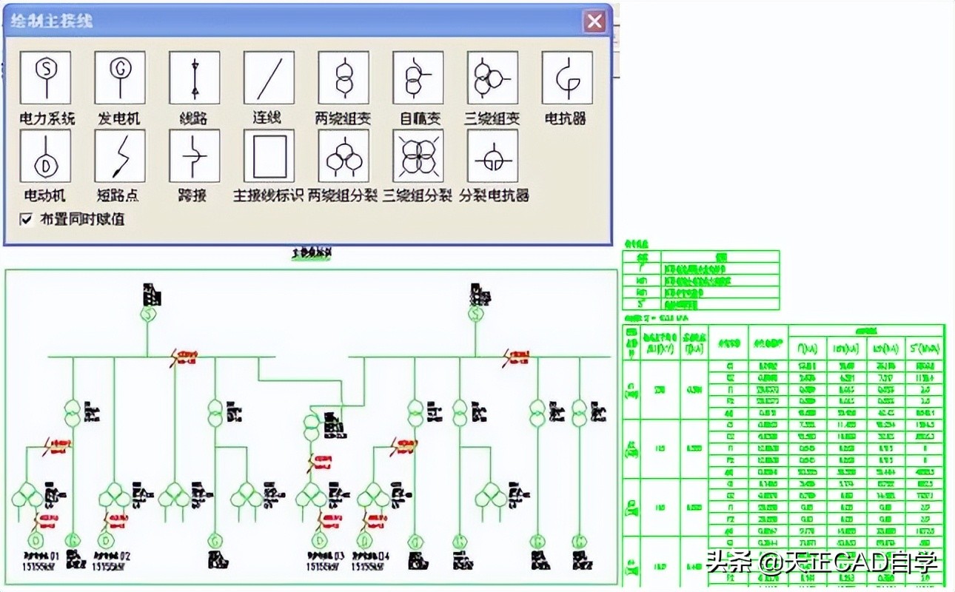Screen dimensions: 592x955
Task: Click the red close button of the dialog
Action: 594,21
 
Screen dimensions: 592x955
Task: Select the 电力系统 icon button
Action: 46,78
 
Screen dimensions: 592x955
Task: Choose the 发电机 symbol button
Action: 120,78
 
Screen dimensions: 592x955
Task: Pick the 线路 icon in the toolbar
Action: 195,78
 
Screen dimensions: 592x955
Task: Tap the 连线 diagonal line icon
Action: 269,78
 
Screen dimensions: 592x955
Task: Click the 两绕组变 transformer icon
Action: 344,78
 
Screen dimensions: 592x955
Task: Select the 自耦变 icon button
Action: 418,78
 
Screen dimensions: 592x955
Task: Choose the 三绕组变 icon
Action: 492,78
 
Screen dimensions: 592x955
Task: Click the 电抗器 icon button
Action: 567,78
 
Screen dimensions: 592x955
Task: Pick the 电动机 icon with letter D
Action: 46,156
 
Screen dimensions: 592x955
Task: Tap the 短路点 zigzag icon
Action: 120,156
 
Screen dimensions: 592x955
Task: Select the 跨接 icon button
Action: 195,156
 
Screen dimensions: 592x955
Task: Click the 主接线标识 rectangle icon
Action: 269,156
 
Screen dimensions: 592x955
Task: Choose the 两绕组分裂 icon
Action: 344,156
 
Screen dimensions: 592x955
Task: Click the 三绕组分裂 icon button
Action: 418,156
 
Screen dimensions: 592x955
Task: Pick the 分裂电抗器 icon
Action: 492,156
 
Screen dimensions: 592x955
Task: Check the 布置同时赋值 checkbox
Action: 27,219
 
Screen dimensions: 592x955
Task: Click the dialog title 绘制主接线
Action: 53,21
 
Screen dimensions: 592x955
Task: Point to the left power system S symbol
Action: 147,315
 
